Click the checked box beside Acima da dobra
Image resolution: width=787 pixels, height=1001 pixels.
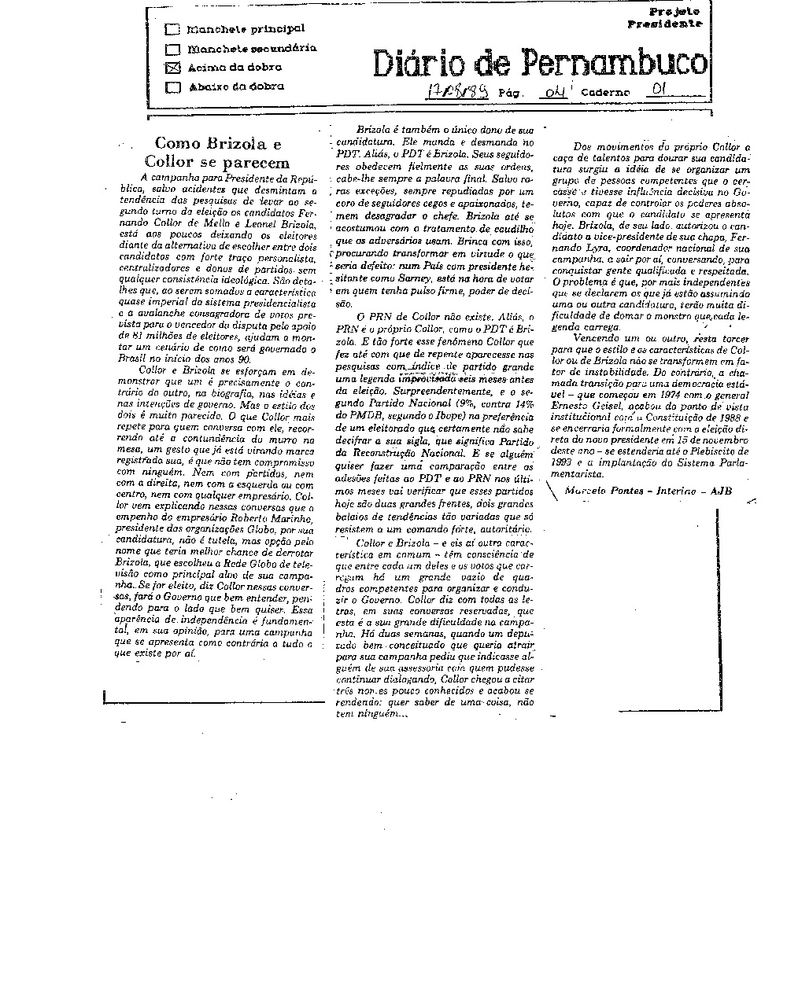point(173,68)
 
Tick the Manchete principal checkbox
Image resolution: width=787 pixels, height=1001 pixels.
point(172,30)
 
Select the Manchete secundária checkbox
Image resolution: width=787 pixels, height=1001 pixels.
point(172,50)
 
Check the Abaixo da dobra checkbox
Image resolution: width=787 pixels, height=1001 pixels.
point(172,87)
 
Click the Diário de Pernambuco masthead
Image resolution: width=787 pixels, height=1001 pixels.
point(540,62)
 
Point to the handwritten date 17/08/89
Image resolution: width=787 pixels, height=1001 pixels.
point(456,91)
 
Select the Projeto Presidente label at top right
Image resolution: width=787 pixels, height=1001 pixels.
point(664,17)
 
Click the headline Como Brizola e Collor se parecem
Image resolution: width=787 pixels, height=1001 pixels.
point(218,153)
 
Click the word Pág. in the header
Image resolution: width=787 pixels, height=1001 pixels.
point(512,93)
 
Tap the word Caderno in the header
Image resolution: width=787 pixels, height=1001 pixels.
point(605,93)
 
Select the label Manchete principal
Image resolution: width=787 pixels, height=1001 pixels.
point(246,29)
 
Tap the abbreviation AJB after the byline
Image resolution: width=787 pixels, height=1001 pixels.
point(720,491)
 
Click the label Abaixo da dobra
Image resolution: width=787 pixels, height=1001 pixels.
point(236,87)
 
